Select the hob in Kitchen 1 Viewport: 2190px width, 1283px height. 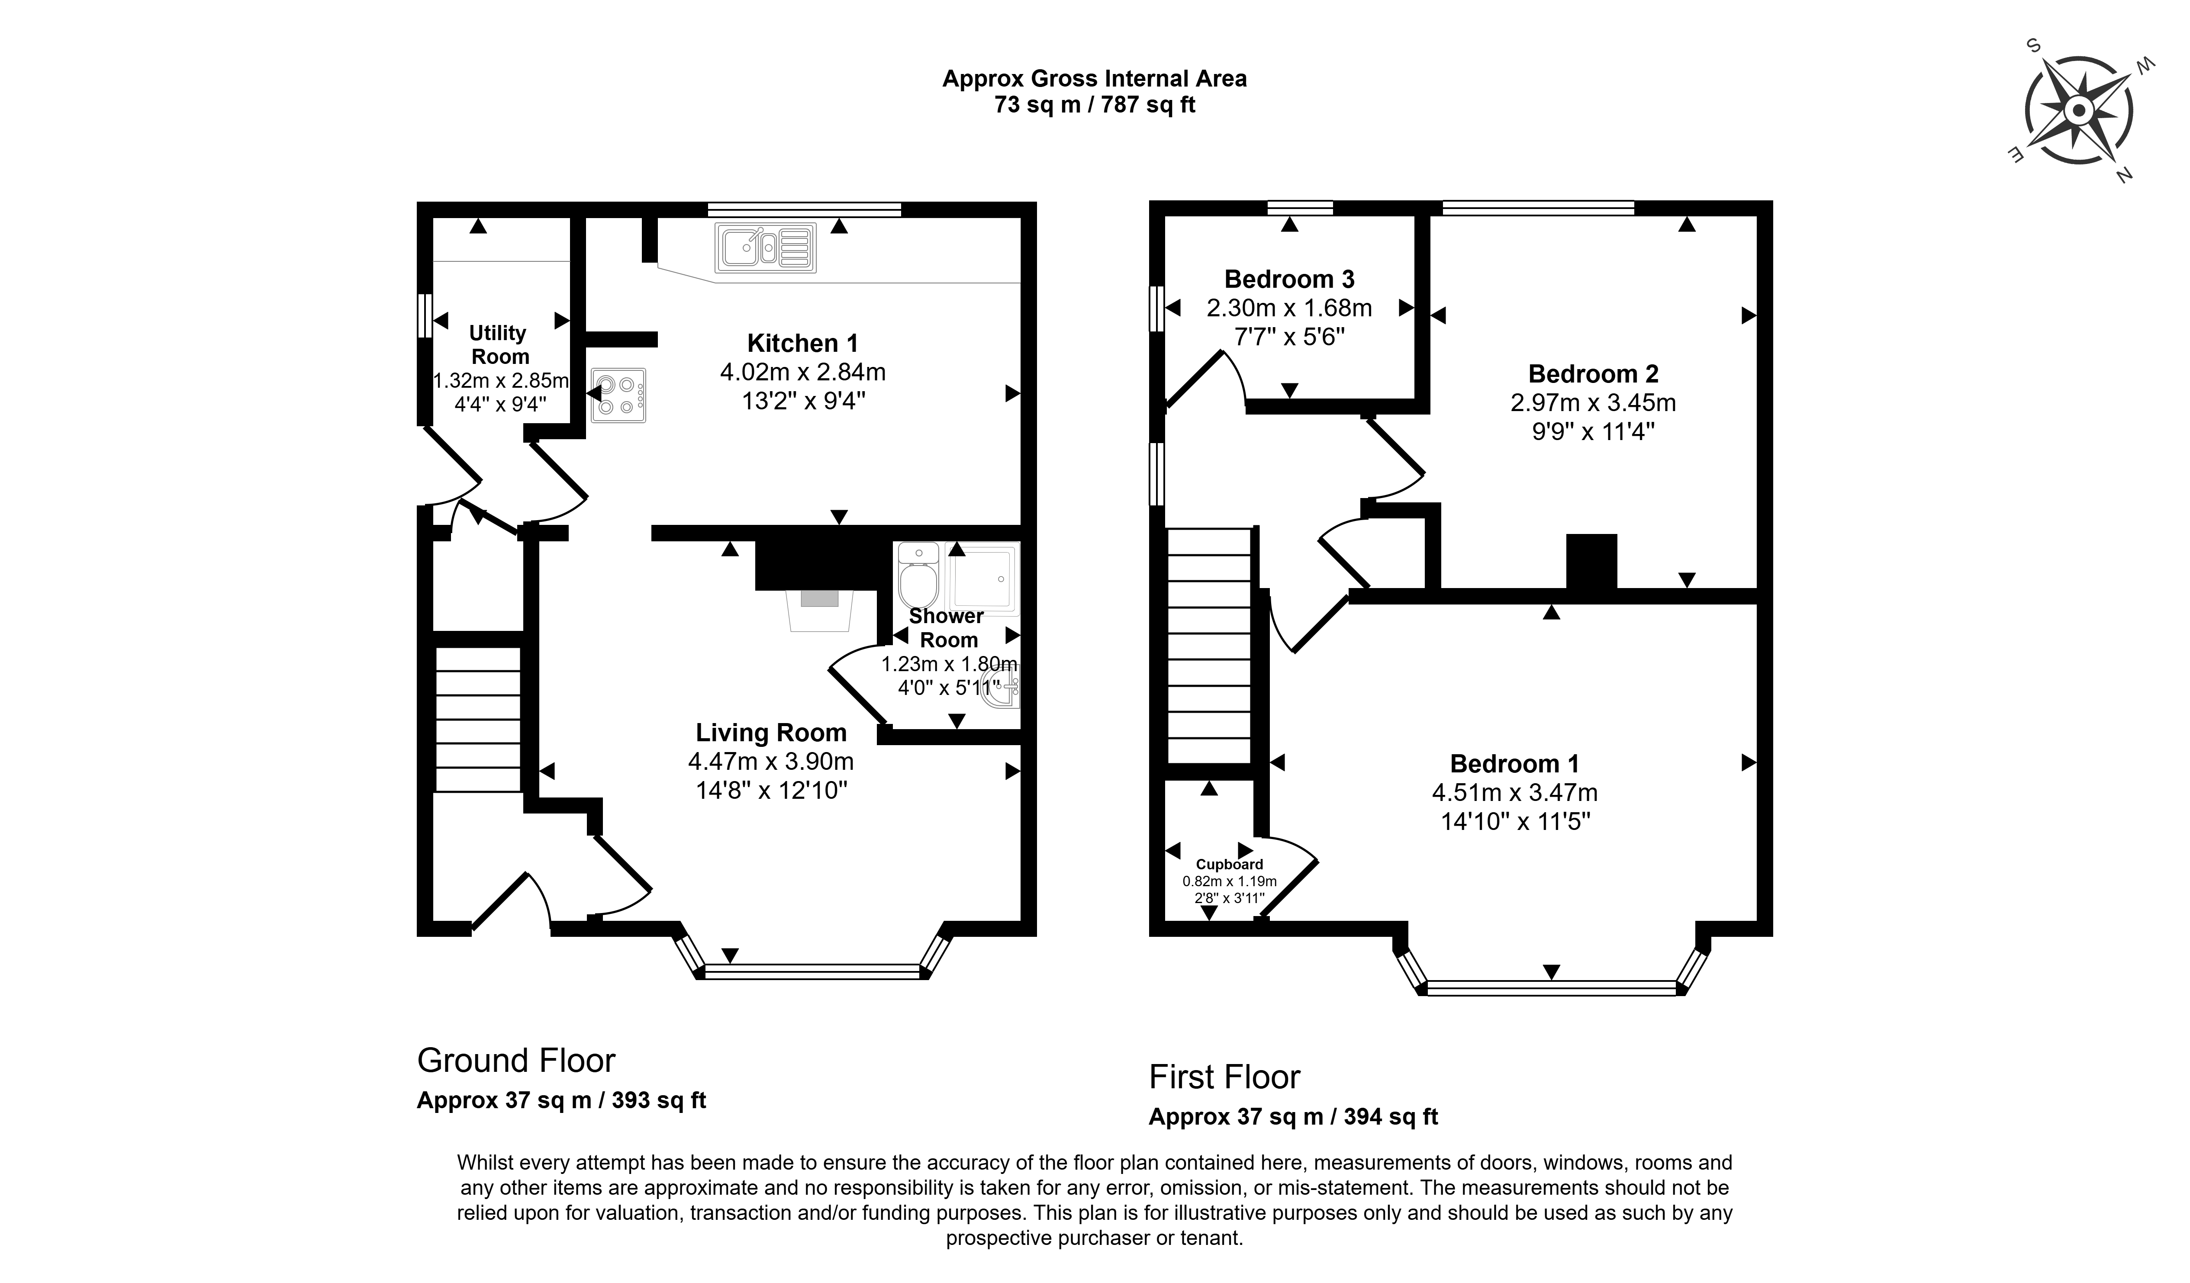[x=618, y=395]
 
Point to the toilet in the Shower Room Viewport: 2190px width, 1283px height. [x=918, y=578]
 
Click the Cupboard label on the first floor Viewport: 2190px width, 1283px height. [x=1229, y=864]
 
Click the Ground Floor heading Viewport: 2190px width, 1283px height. [x=516, y=1061]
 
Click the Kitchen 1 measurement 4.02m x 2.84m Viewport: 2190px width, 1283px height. [x=802, y=372]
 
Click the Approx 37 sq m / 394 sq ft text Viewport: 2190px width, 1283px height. [x=1293, y=1117]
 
